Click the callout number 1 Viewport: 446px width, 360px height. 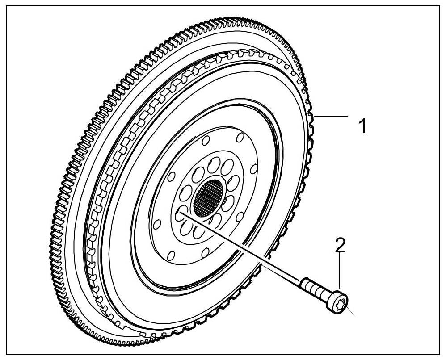363,126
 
